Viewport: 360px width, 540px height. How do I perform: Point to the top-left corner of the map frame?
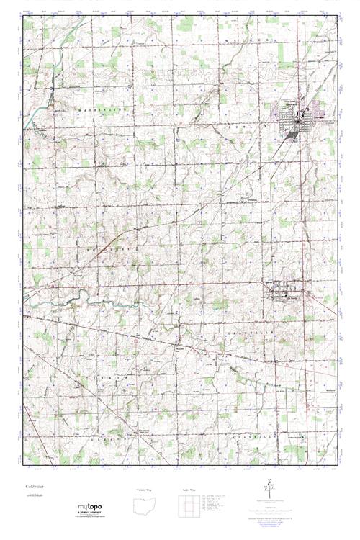click(22, 14)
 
